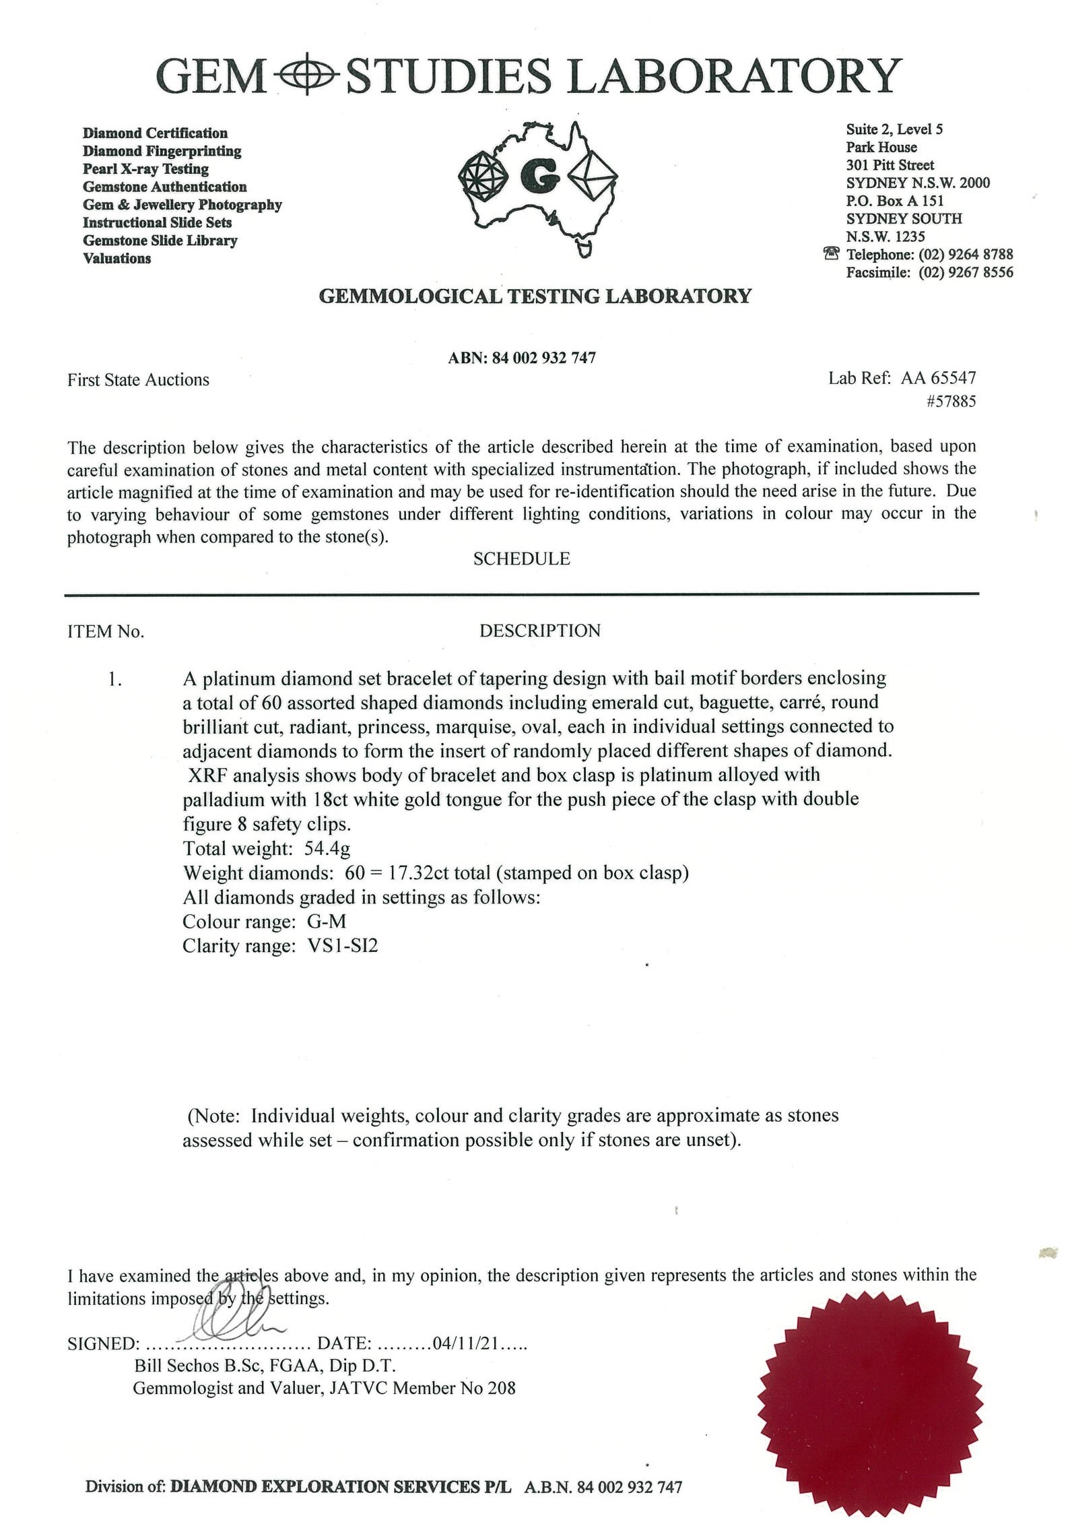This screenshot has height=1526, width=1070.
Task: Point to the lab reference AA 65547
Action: [938, 378]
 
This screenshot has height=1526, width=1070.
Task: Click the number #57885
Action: [951, 402]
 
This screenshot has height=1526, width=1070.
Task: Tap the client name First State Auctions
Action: [138, 380]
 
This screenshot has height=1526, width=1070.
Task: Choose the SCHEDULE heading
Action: [521, 559]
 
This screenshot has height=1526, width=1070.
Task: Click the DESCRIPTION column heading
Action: [539, 631]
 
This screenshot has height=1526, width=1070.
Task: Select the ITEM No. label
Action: [106, 631]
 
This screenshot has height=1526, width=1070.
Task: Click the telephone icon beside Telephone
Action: [832, 254]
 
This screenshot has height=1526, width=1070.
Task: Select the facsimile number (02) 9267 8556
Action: [966, 272]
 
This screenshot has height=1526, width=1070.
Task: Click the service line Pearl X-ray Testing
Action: [145, 169]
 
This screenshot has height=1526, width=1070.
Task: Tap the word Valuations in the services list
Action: [116, 259]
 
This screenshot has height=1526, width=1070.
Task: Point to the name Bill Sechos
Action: [176, 1366]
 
